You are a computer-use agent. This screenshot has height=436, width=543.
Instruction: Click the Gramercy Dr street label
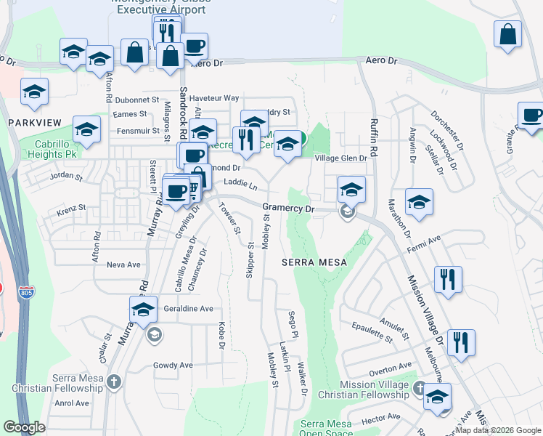tap(287, 209)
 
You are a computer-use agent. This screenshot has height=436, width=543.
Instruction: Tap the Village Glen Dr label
tap(340, 158)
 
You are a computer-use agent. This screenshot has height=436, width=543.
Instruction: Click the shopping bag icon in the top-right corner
tap(507, 35)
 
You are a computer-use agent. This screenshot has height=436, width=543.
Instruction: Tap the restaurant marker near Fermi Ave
tap(448, 280)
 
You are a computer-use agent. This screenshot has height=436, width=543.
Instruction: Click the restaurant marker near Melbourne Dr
tap(460, 343)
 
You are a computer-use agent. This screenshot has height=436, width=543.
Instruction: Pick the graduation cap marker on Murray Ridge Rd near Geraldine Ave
tap(144, 310)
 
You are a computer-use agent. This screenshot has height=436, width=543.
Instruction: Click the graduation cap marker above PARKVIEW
tap(34, 92)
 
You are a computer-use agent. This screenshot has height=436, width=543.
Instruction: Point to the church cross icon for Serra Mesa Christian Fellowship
tap(113, 382)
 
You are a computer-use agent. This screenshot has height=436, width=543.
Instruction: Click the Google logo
tap(25, 427)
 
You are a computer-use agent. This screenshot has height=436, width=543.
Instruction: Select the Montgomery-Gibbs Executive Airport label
tap(152, 6)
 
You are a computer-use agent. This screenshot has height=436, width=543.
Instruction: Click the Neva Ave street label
tap(123, 265)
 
